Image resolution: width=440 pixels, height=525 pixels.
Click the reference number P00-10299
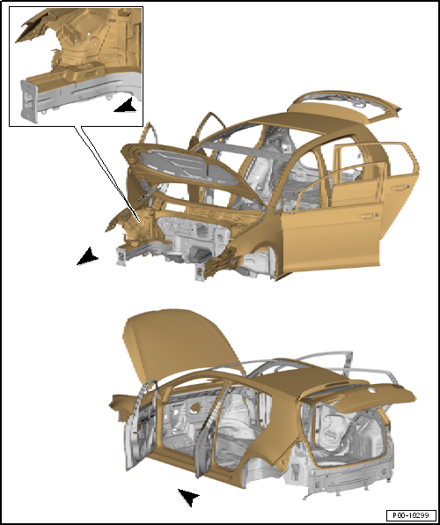(411, 514)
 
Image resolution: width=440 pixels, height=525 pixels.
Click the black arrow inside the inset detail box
(126, 105)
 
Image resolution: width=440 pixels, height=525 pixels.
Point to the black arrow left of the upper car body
(87, 256)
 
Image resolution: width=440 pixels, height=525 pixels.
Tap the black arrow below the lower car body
(189, 497)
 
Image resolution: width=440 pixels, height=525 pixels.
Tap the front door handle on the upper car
(369, 217)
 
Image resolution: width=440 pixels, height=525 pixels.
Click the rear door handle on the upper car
(400, 188)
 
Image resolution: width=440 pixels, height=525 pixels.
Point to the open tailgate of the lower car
(362, 396)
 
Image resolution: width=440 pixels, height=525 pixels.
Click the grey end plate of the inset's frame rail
(28, 100)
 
